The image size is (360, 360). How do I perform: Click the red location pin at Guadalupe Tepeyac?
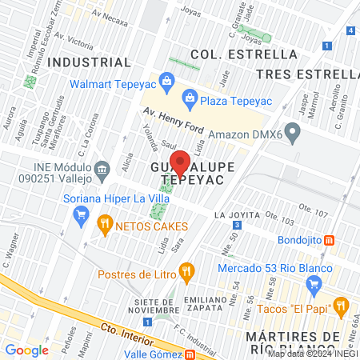click(x=180, y=163)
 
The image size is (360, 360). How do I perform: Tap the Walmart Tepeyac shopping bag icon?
click(x=166, y=79)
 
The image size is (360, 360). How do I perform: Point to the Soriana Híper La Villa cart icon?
click(x=80, y=214)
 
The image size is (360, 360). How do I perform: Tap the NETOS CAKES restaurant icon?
click(x=104, y=225)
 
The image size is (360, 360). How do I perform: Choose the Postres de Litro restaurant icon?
click(x=186, y=270)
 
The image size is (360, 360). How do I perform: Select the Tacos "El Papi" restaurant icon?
click(x=341, y=305)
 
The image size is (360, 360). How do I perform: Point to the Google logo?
click(x=27, y=350)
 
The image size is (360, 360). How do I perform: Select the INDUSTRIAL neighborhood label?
click(x=89, y=62)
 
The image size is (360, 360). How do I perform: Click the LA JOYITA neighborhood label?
click(x=238, y=215)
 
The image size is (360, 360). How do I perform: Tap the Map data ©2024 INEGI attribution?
click(x=311, y=353)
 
